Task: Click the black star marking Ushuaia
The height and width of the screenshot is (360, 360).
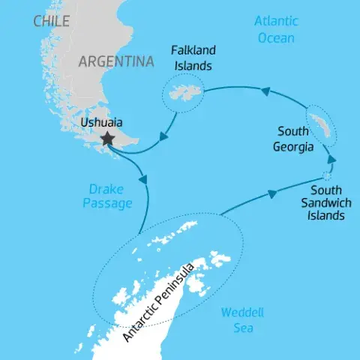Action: [108, 138]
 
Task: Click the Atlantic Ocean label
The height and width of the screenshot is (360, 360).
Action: [276, 29]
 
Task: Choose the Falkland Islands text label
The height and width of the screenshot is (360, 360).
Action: [193, 58]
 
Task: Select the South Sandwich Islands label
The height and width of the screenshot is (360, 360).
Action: [324, 202]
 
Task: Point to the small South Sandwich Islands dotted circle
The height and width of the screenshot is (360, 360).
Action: [327, 177]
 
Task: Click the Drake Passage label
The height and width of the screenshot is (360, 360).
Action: [108, 196]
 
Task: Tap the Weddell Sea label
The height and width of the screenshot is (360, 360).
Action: [243, 321]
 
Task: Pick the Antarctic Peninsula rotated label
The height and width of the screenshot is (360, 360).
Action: [160, 301]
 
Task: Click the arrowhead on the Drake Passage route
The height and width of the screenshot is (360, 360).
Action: [143, 180]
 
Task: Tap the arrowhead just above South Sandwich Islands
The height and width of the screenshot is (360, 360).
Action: [331, 160]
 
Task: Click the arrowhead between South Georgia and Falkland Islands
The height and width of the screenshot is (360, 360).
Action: [264, 91]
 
